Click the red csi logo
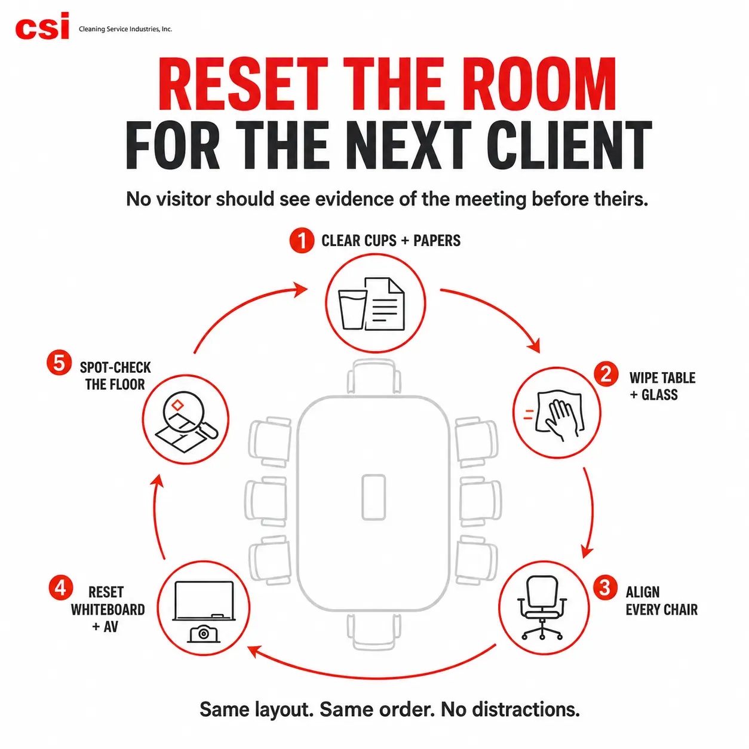(x=42, y=26)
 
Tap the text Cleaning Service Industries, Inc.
(x=125, y=29)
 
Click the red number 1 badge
(x=302, y=241)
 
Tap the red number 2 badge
(x=606, y=374)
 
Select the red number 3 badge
(x=605, y=588)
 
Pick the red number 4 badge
(x=61, y=588)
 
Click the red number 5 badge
(x=59, y=363)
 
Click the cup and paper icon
(x=372, y=304)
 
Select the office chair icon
(x=542, y=607)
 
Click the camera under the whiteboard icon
(x=204, y=634)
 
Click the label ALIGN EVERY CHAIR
(x=661, y=601)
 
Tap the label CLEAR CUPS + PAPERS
(x=391, y=241)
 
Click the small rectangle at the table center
(x=373, y=497)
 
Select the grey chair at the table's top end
(x=374, y=376)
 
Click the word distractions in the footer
(x=510, y=710)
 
